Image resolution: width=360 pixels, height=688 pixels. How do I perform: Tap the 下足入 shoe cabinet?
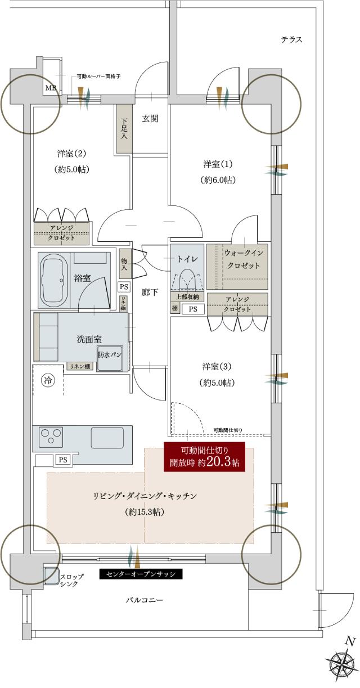coord(124,128)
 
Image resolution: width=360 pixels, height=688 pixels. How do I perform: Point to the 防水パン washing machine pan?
coord(110,357)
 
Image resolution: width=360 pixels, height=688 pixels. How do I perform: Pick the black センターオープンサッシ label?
coord(141,574)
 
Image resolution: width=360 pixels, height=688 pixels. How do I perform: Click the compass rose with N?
coord(341,664)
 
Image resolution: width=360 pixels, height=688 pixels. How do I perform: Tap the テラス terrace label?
coord(292,39)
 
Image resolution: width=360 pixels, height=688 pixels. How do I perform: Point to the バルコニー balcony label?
coord(144,600)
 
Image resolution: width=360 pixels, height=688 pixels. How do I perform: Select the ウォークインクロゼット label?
coord(242,259)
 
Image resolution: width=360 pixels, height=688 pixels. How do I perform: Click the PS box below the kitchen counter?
coord(62,460)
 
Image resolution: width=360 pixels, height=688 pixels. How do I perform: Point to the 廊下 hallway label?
coord(150,292)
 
